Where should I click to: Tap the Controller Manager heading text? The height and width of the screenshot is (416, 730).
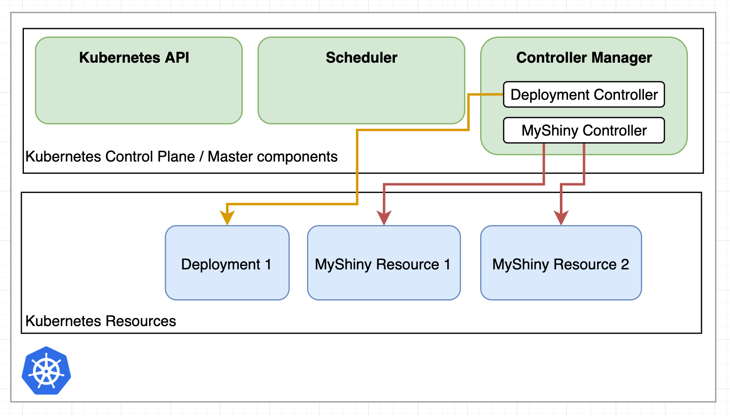(584, 58)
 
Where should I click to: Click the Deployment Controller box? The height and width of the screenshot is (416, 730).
(584, 95)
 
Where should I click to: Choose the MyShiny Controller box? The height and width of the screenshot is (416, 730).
(584, 130)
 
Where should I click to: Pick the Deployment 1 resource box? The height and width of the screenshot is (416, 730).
(227, 263)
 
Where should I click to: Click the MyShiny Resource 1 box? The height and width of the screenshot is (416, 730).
(383, 263)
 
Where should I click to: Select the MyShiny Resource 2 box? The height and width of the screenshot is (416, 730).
(561, 263)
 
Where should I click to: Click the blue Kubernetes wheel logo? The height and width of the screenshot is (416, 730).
(46, 371)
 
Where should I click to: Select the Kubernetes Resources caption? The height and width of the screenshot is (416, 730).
(101, 321)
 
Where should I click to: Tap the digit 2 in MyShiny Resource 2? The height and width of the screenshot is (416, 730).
(625, 265)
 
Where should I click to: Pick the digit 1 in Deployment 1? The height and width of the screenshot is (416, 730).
(268, 265)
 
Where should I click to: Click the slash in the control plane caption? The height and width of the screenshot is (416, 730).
(201, 157)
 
